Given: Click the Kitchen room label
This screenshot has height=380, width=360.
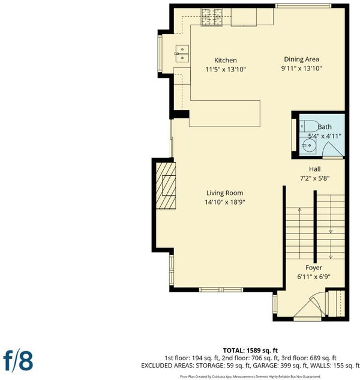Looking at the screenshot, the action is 226,61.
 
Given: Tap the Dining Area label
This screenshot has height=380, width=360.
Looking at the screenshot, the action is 301,59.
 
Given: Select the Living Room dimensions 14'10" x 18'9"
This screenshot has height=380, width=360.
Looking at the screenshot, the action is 225,202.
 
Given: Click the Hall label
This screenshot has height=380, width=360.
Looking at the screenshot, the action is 314,169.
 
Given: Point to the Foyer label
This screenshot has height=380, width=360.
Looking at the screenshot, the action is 314,268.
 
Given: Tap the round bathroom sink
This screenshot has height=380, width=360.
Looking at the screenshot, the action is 308,145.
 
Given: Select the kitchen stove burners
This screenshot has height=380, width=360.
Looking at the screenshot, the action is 212,17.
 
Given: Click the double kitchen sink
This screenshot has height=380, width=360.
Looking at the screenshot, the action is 182,53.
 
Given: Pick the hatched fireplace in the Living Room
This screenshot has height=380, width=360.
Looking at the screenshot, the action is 166,185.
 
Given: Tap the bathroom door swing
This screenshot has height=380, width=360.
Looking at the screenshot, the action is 333,149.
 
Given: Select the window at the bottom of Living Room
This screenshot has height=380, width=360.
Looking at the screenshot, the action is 221,289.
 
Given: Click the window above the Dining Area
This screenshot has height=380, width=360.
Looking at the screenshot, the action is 303,6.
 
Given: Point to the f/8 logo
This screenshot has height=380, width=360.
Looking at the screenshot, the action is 18,361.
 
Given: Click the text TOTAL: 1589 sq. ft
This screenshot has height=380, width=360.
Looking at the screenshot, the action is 250,351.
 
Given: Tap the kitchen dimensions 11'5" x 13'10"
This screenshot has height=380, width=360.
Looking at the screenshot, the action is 226,70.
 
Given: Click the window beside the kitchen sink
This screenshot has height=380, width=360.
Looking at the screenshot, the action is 160,53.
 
